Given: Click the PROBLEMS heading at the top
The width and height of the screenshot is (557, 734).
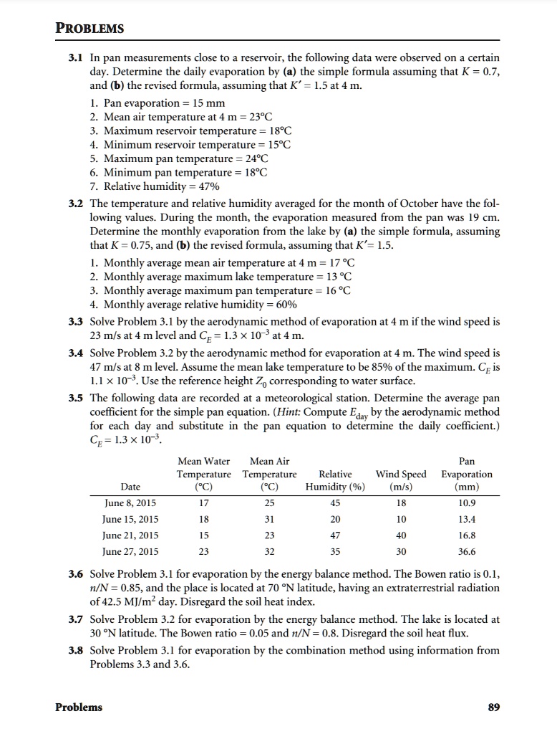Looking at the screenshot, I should (89, 29).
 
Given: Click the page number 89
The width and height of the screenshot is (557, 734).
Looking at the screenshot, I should (493, 707).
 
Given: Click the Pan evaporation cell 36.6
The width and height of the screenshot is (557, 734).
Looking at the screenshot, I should (466, 552).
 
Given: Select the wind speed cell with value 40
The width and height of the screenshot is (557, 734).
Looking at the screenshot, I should (401, 535).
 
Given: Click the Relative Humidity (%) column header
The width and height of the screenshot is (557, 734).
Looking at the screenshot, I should (335, 481).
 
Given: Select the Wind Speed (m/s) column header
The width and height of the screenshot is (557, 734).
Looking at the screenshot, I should (401, 481).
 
